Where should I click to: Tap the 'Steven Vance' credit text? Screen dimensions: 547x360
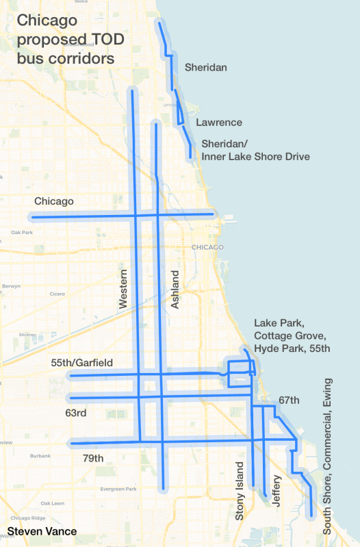click(x=42, y=531)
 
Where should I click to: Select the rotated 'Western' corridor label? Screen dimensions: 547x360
click(x=124, y=288)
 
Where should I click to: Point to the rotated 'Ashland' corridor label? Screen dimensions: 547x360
click(x=175, y=288)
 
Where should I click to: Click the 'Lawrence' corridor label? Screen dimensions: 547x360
click(x=219, y=123)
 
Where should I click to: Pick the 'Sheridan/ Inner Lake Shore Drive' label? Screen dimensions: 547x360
click(x=255, y=151)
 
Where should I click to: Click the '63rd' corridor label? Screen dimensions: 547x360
click(x=76, y=414)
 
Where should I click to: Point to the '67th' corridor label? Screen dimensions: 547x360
click(x=290, y=400)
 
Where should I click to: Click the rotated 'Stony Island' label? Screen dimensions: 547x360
click(x=240, y=491)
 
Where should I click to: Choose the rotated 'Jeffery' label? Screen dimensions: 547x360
click(x=277, y=489)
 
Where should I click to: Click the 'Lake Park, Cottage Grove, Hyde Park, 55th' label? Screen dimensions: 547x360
click(x=292, y=335)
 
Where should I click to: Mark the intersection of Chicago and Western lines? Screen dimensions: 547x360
click(x=136, y=216)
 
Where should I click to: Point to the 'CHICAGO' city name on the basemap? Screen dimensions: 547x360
click(x=208, y=247)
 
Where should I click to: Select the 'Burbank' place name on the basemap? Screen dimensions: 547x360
click(x=40, y=455)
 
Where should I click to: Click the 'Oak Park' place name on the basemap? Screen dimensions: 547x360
click(x=23, y=233)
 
